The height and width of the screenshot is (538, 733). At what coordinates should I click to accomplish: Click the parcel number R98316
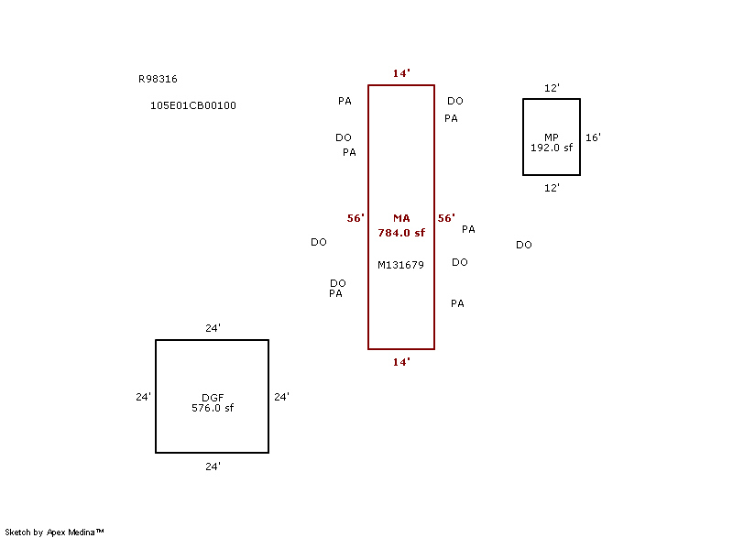coord(158,79)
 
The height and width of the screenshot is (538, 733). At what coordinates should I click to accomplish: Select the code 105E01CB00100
coord(193,105)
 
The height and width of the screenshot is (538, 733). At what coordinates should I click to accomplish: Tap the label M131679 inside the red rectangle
coord(400,265)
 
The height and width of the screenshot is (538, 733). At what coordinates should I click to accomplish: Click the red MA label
coord(401,218)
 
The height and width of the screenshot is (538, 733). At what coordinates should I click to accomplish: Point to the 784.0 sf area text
coord(401,233)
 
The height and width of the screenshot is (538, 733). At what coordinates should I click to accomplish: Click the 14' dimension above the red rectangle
coord(401,73)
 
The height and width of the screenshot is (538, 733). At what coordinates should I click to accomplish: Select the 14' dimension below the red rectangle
coord(401,362)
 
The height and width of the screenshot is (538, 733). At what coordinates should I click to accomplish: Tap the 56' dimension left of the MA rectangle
coord(356,218)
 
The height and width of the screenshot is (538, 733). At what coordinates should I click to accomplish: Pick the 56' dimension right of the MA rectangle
coord(446,218)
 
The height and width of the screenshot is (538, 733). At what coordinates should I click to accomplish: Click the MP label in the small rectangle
coord(552,137)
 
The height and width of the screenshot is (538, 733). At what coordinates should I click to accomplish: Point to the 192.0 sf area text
coord(552,148)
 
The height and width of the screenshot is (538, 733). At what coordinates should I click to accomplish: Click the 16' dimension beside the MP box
coord(593,137)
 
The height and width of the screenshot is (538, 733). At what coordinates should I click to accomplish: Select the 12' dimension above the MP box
coord(552,88)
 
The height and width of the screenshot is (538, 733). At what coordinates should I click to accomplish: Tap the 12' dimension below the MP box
coord(552,188)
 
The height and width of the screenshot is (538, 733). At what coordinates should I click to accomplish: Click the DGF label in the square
coord(213,398)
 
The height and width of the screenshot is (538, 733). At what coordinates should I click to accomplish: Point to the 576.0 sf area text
coord(213,408)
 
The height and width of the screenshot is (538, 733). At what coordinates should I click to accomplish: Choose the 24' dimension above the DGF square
coord(213,328)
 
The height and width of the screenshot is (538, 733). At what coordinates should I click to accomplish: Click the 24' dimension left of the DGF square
coord(143,397)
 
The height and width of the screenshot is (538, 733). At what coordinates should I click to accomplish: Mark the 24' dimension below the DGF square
coord(213,467)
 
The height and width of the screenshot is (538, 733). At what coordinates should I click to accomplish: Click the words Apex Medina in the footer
coord(71,533)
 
